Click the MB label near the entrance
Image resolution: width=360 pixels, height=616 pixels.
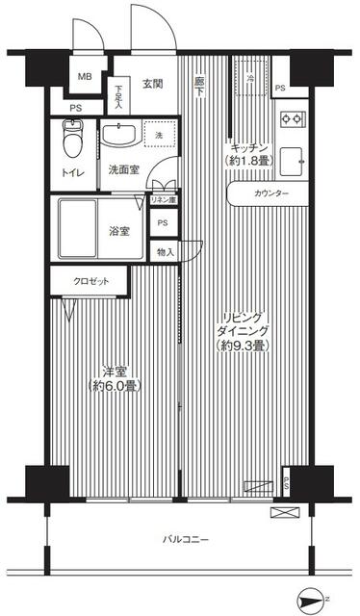pos(85,76)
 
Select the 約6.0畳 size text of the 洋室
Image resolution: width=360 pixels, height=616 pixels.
pos(114,386)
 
